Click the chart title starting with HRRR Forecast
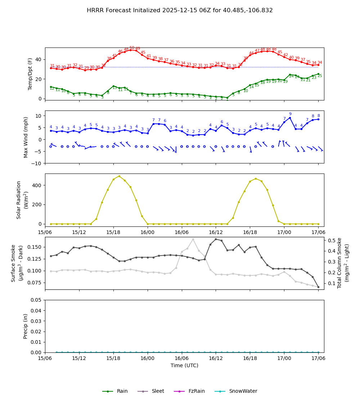pyautogui.click(x=180, y=10)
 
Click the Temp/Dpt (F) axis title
pyautogui.click(x=30, y=74)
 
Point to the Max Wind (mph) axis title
pyautogui.click(x=26, y=137)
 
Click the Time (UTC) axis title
pyautogui.click(x=184, y=365)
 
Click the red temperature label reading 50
pyautogui.click(x=132, y=48)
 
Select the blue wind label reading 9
pyautogui.click(x=290, y=114)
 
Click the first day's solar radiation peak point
pyautogui.click(x=119, y=176)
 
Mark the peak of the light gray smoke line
pyautogui.click(x=193, y=239)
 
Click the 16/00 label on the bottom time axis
pyautogui.click(x=148, y=358)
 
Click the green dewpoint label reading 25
pyautogui.click(x=320, y=76)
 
